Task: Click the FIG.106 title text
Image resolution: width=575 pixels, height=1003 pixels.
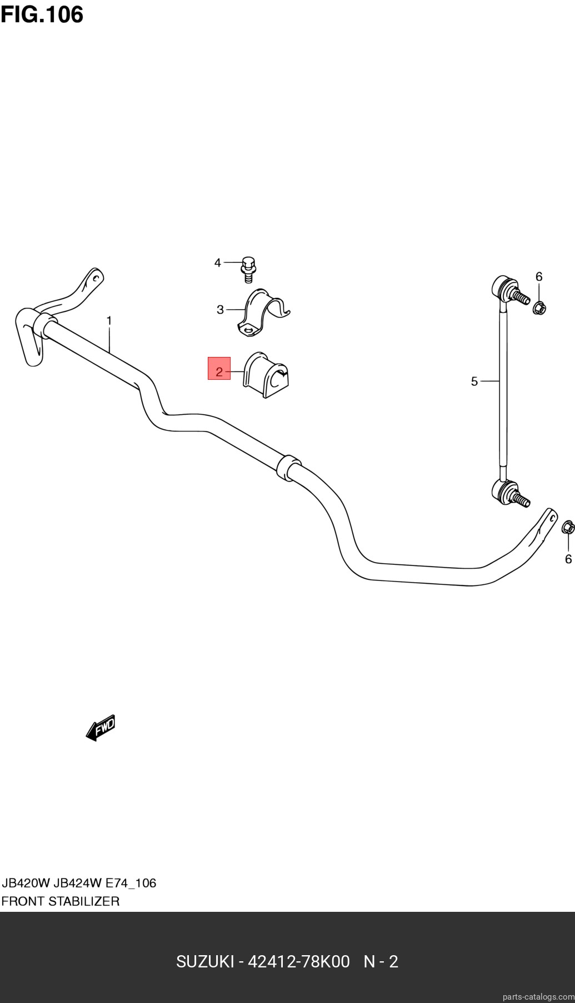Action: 42,14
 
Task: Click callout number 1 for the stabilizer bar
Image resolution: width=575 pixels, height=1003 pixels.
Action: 109,321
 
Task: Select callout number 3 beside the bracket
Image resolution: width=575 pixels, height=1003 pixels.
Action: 220,310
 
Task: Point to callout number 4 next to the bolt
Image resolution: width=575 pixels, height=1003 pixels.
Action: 218,262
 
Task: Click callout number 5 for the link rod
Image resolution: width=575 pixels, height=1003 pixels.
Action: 474,381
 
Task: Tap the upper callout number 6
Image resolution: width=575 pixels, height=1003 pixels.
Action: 539,276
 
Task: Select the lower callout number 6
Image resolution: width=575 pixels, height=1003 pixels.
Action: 568,559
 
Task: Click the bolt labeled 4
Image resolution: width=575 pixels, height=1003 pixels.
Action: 248,267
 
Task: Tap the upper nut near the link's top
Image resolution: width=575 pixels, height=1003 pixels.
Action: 539,307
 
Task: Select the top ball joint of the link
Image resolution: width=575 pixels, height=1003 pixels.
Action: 508,290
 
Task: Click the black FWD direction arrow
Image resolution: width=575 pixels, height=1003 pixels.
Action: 101,728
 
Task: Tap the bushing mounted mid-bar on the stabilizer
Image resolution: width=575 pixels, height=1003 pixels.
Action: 288,469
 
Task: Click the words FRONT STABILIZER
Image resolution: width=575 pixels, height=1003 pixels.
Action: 61,901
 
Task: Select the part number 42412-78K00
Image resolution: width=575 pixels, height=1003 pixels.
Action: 298,962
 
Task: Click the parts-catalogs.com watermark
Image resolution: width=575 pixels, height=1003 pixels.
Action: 537,996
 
